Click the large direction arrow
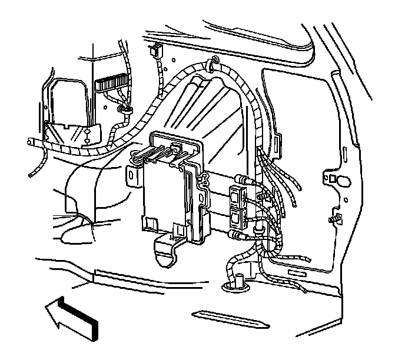tap(71, 318)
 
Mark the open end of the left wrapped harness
tap(30, 143)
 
